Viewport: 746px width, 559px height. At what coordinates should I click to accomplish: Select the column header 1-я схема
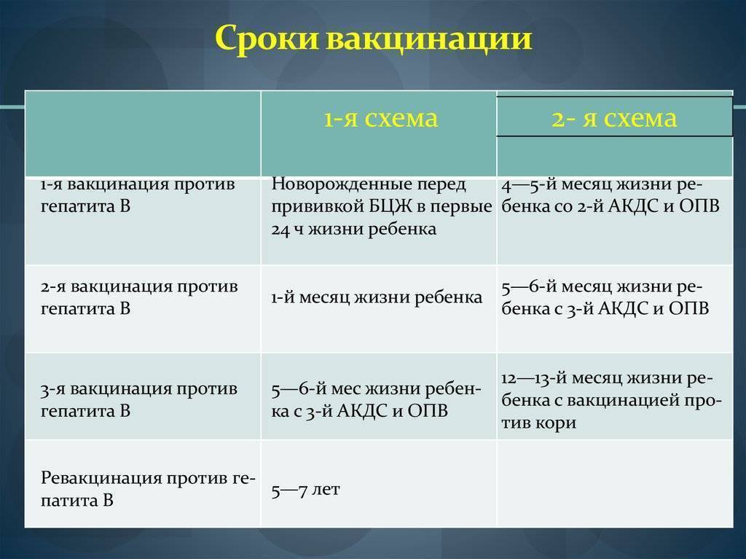coord(380,118)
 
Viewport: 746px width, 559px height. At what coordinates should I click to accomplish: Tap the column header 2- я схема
coord(613,118)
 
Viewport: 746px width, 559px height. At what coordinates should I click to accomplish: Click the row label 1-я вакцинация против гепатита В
coord(138,195)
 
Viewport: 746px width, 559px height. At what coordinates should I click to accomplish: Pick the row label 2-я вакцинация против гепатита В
coord(139,297)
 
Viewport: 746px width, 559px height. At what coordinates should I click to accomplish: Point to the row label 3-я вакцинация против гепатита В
coord(139,399)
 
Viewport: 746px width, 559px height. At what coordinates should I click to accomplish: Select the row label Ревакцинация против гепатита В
coord(148,488)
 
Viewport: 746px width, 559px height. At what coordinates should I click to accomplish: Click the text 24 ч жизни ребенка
coord(353,229)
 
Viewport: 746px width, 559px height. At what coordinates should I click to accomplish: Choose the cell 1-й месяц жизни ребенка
coord(377,297)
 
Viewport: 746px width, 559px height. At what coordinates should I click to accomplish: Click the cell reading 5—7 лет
coord(305,490)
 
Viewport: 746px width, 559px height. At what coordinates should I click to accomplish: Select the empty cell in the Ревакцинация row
coord(614,483)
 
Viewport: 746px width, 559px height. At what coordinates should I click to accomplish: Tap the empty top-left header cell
coord(143,134)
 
